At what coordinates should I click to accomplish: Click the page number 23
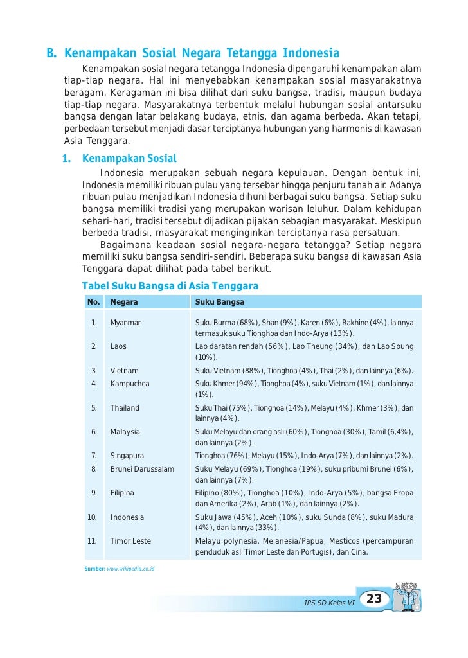point(374,600)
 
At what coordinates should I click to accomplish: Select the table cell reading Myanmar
point(125,322)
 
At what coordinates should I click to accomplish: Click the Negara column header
point(124,301)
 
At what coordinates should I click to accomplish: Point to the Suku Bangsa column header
point(220,301)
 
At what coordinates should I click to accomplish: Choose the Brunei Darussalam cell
point(142,469)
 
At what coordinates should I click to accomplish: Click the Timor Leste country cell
point(130,541)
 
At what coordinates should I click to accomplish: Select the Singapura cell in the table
point(127,456)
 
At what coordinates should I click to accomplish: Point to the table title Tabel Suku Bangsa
point(170,285)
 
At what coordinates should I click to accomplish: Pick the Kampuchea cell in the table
point(130,384)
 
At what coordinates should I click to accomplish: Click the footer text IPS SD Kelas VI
point(329,603)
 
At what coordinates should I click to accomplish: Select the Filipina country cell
point(122,493)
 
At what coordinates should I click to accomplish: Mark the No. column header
point(94,301)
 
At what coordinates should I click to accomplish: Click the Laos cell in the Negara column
point(118,346)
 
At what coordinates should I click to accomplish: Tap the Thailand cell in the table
point(125,408)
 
